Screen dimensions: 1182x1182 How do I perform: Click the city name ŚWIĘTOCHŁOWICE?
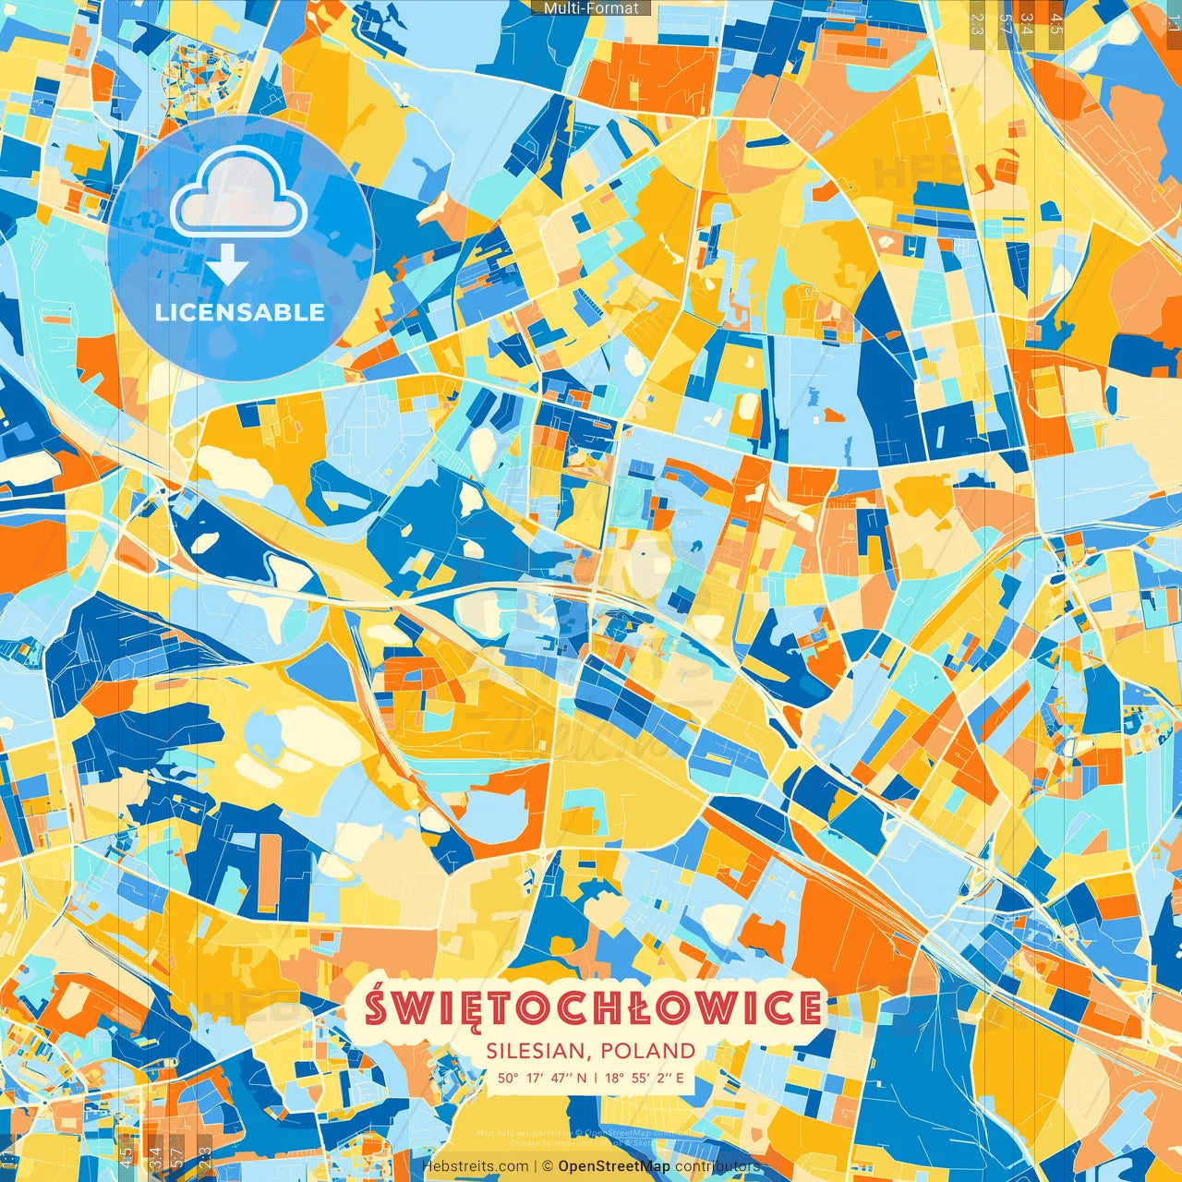[x=592, y=1007]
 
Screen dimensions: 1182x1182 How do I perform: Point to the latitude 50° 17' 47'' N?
[x=542, y=1077]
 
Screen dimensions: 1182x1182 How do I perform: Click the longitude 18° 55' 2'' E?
[x=645, y=1077]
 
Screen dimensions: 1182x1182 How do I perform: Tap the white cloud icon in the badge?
[x=238, y=190]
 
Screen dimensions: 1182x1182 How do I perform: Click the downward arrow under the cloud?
[x=227, y=268]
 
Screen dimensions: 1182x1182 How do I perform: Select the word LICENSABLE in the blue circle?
[x=240, y=312]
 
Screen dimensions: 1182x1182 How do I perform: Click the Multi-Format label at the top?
[x=591, y=8]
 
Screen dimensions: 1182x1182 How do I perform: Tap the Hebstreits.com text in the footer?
[x=475, y=1166]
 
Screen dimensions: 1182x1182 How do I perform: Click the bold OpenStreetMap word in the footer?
[x=614, y=1166]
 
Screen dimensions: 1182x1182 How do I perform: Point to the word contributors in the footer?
[x=717, y=1166]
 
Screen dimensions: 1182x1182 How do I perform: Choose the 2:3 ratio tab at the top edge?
[x=977, y=20]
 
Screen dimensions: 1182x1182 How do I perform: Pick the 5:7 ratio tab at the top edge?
[x=1004, y=20]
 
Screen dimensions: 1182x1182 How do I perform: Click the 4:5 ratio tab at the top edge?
[x=1055, y=20]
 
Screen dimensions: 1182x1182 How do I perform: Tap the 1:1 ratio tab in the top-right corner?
[x=1173, y=17]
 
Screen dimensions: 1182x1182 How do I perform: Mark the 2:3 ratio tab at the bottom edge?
[x=204, y=1156]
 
